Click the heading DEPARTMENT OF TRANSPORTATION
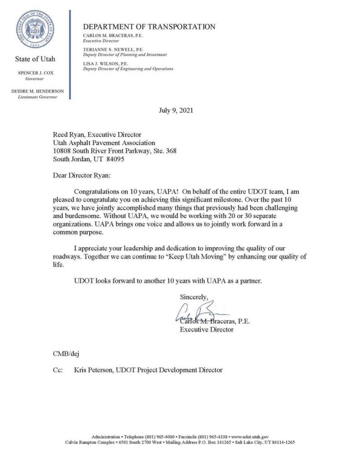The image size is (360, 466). [x=149, y=27]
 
